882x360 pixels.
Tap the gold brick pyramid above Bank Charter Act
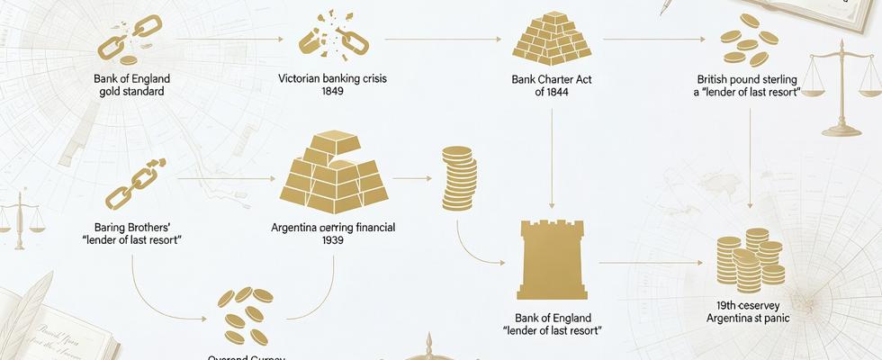[550, 38]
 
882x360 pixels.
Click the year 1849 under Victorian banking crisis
[333, 93]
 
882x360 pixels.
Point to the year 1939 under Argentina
[333, 242]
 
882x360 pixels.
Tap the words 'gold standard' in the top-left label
[131, 92]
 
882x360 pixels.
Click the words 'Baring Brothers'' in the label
[131, 228]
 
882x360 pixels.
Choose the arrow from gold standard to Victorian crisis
[229, 40]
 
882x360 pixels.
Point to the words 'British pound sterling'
[748, 79]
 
